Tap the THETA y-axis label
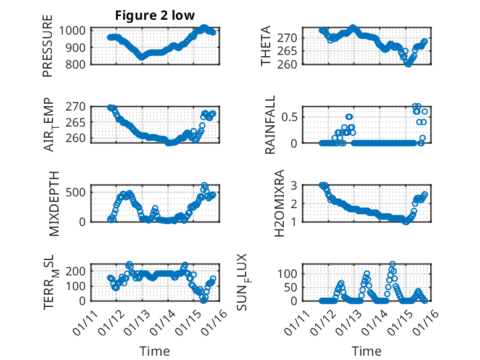coord(266,46)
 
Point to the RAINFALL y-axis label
coord(270,127)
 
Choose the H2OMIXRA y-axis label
coord(279,203)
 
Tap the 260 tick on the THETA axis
coord(291,64)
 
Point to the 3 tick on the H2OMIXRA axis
coord(296,185)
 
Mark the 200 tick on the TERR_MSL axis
coord(79,271)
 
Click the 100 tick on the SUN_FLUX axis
coord(291,274)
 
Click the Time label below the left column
coord(154,351)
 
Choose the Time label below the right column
coord(366,351)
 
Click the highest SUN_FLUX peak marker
coord(392,264)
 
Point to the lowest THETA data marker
coord(408,64)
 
